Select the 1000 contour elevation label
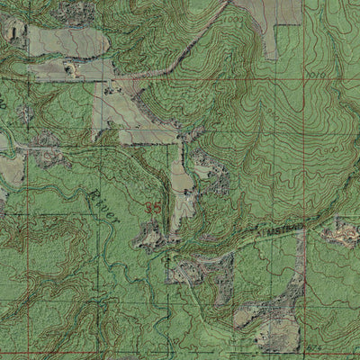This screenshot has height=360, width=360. (236, 18)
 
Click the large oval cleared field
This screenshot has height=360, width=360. (63, 40)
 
